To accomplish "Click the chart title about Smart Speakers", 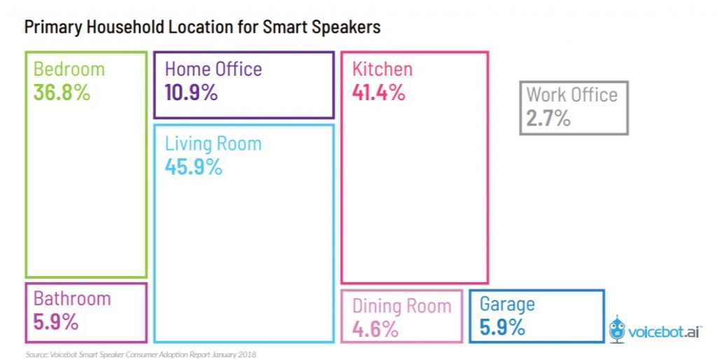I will click(202, 27).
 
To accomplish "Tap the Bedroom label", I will click(69, 69).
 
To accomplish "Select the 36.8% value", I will click(62, 92).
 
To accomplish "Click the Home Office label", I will click(213, 69).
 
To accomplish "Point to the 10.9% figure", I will click(191, 92).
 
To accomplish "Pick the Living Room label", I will click(213, 144).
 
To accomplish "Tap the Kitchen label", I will click(382, 69).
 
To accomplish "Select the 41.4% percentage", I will click(378, 92).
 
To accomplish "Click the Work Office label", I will click(572, 95).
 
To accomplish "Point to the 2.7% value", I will click(548, 118).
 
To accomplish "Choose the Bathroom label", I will click(72, 298).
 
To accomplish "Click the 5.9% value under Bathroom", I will click(56, 322).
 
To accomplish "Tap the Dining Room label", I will click(402, 305).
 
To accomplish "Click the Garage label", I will click(507, 304).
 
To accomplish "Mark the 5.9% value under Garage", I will click(502, 327).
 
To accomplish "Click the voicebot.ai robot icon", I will click(618, 328).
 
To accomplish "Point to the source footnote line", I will click(140, 354).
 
